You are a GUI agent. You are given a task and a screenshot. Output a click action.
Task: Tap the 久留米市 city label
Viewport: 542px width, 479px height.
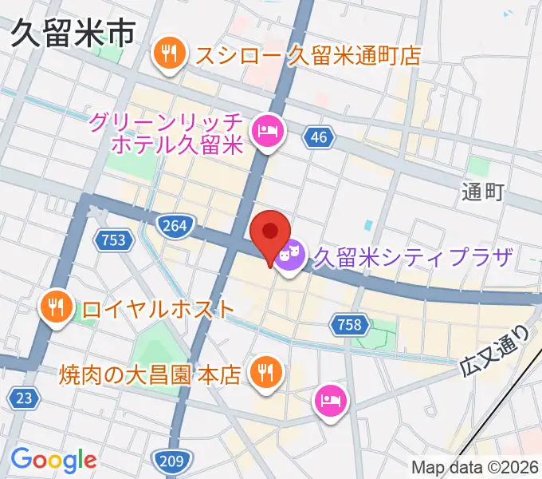tap(73, 34)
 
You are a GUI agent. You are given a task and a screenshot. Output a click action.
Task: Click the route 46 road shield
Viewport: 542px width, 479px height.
tap(318, 138)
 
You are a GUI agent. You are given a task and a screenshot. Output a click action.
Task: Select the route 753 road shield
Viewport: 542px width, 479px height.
tap(113, 239)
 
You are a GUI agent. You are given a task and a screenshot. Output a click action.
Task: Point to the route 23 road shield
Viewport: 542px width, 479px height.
tap(22, 398)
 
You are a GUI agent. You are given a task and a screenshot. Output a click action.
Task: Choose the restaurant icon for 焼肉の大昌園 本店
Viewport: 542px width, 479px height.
tap(262, 371)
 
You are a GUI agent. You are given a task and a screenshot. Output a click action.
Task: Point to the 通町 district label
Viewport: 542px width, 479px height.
tap(482, 192)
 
